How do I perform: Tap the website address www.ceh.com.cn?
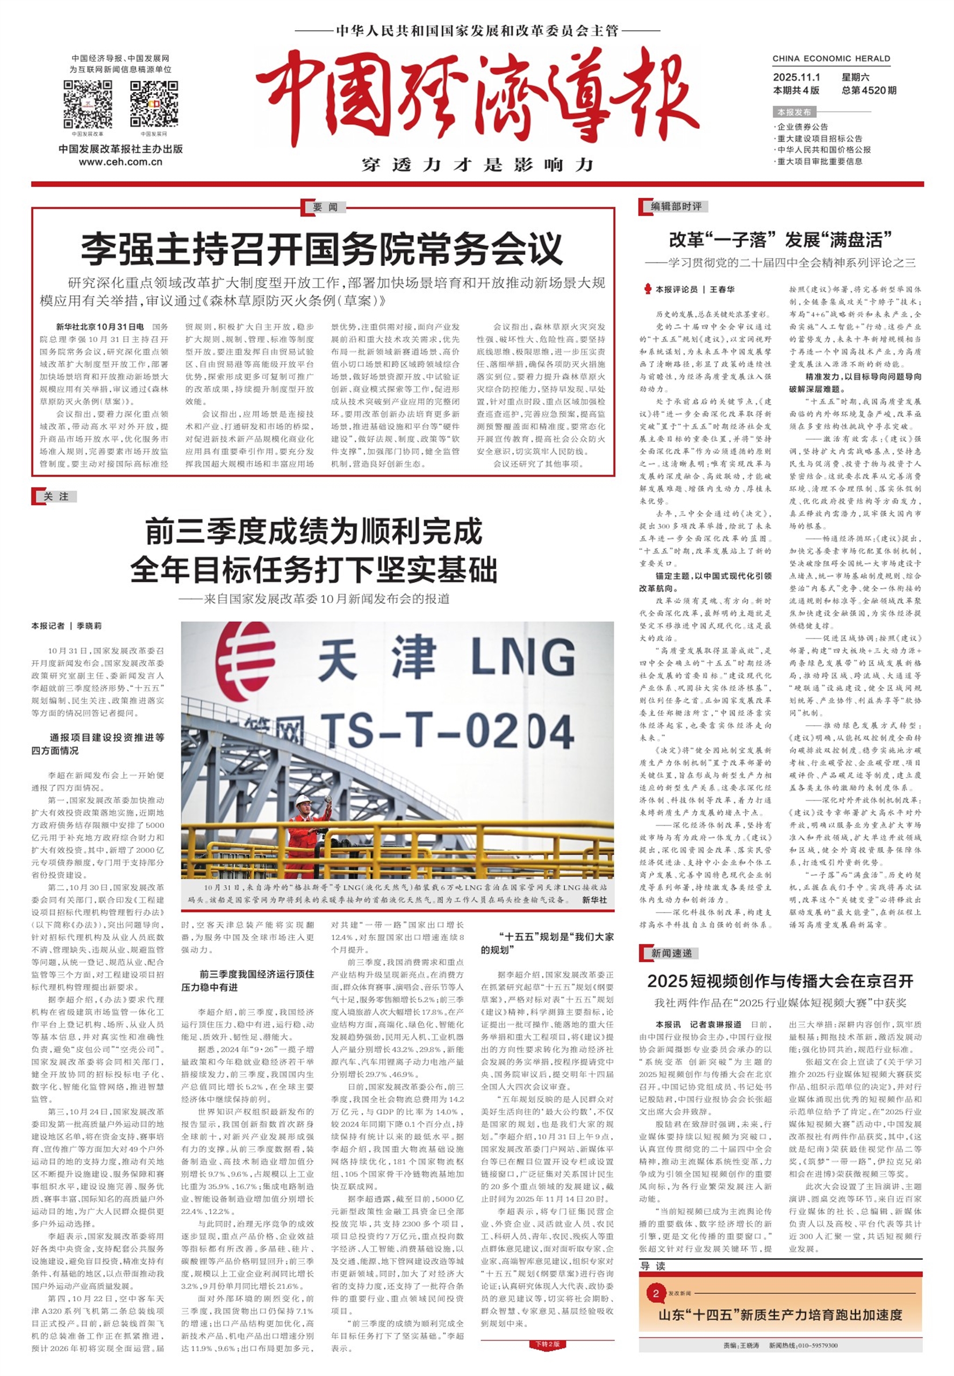[121, 162]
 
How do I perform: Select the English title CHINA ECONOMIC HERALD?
[831, 59]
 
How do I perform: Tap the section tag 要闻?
[325, 207]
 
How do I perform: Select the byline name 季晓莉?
[89, 626]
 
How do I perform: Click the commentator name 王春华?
[722, 289]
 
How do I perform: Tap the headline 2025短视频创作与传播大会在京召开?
[780, 981]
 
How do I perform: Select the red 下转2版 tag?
[547, 1344]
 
